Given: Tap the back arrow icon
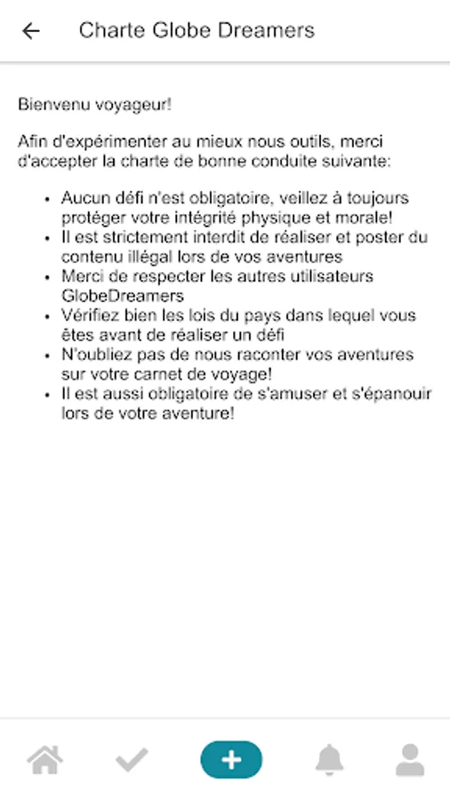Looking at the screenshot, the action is pos(31,31).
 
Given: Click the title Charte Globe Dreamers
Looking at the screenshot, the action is pos(197,31).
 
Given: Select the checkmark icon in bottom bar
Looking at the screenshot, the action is pos(132,760).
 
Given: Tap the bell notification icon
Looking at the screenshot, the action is pos(329,760).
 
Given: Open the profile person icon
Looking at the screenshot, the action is pos(410,760).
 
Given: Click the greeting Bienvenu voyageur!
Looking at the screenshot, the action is pos(94,105).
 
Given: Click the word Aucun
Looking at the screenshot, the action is pos(84,198).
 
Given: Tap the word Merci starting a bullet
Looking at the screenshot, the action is pos(83,276).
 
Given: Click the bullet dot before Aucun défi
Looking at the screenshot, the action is pos(46,199).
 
